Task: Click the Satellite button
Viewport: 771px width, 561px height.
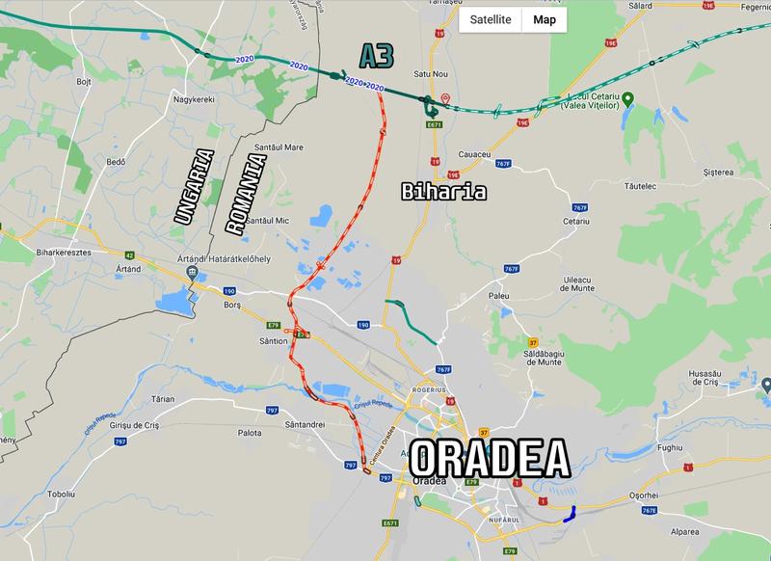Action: (490, 19)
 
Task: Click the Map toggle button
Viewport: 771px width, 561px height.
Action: (545, 19)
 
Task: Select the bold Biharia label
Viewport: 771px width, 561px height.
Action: (442, 193)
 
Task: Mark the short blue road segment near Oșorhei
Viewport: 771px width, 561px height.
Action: (568, 514)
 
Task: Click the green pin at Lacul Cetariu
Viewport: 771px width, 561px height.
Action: (627, 98)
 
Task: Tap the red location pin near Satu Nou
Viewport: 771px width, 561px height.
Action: (445, 98)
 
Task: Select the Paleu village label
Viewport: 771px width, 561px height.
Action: (498, 296)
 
